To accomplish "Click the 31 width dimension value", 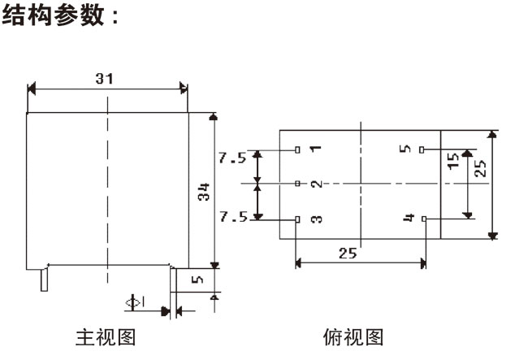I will pyautogui.click(x=103, y=78).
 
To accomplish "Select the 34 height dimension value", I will pyautogui.click(x=205, y=192).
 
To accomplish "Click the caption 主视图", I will pyautogui.click(x=104, y=336).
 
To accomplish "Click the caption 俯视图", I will pyautogui.click(x=353, y=336).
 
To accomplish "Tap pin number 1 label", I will pyautogui.click(x=315, y=150).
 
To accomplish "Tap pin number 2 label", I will pyautogui.click(x=315, y=184).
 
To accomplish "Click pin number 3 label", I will pyautogui.click(x=315, y=219).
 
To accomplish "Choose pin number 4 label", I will pyautogui.click(x=409, y=219).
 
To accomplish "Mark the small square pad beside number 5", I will pyautogui.click(x=423, y=150).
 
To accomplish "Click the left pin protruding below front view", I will pyautogui.click(x=42, y=280).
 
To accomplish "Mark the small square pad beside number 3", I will pyautogui.click(x=297, y=219).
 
